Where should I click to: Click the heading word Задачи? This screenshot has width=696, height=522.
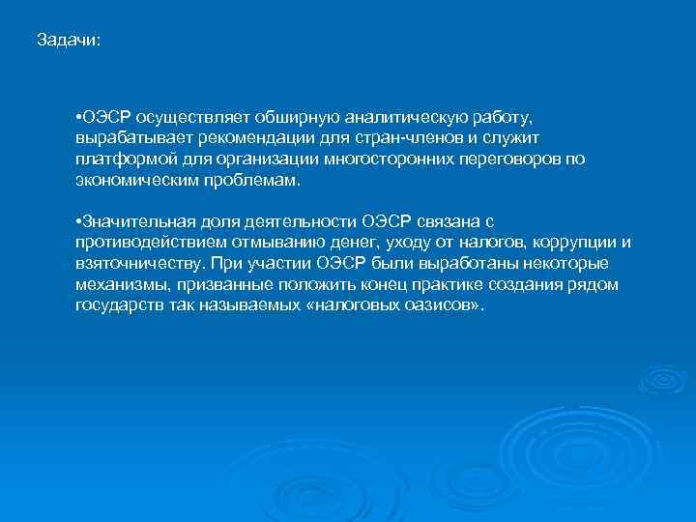click(x=68, y=41)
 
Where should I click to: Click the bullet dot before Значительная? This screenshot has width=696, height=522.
click(x=77, y=221)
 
